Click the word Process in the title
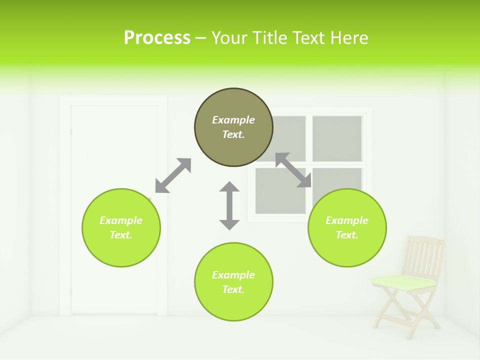click(x=157, y=38)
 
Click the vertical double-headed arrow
click(x=229, y=205)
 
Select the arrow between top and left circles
click(x=173, y=175)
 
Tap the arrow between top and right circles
click(x=293, y=170)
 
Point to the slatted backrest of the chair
click(x=424, y=255)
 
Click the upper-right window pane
click(x=337, y=138)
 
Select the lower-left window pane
click(x=280, y=190)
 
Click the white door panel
click(x=114, y=150)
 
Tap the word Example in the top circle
click(x=233, y=120)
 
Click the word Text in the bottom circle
click(x=232, y=289)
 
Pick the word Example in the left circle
click(x=121, y=220)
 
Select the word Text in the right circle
click(x=346, y=235)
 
